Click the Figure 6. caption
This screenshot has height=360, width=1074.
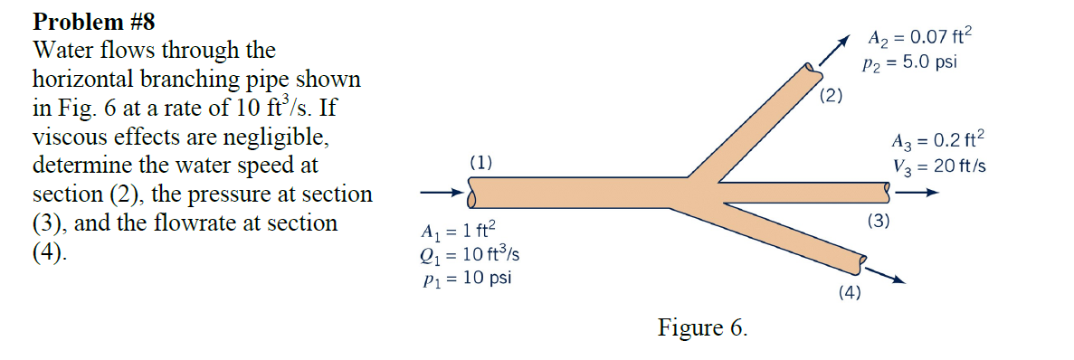(702, 327)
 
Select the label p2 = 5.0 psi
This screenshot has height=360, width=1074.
(910, 63)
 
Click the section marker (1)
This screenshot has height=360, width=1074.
(481, 163)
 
